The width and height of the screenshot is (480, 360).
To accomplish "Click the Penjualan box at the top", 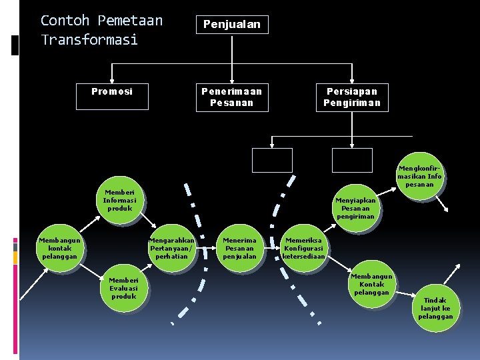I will click(x=231, y=25).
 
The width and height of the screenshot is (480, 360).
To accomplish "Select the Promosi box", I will click(x=112, y=92).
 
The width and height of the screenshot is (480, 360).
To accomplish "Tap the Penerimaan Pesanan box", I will click(x=231, y=97).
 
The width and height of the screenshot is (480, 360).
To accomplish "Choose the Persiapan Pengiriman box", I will click(x=352, y=97).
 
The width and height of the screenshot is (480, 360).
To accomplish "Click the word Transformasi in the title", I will click(x=89, y=39).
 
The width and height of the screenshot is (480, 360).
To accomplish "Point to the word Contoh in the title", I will click(x=64, y=21).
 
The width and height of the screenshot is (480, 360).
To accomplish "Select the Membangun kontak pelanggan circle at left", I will click(x=59, y=248).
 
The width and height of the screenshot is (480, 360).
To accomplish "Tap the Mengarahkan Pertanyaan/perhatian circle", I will click(x=171, y=248).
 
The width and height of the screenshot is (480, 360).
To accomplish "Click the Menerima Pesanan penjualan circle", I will click(x=239, y=248).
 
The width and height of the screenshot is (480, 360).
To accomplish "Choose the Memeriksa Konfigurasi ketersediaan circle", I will click(x=304, y=248).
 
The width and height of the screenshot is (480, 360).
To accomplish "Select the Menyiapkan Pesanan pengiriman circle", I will click(x=355, y=207).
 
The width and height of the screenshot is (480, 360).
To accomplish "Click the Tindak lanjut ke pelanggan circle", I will click(x=435, y=308).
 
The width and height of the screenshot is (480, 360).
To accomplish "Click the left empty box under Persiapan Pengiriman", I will click(x=272, y=160).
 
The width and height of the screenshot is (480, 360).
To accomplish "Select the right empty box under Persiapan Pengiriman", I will click(x=352, y=160).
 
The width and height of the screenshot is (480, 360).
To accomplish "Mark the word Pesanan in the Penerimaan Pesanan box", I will click(x=231, y=103).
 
